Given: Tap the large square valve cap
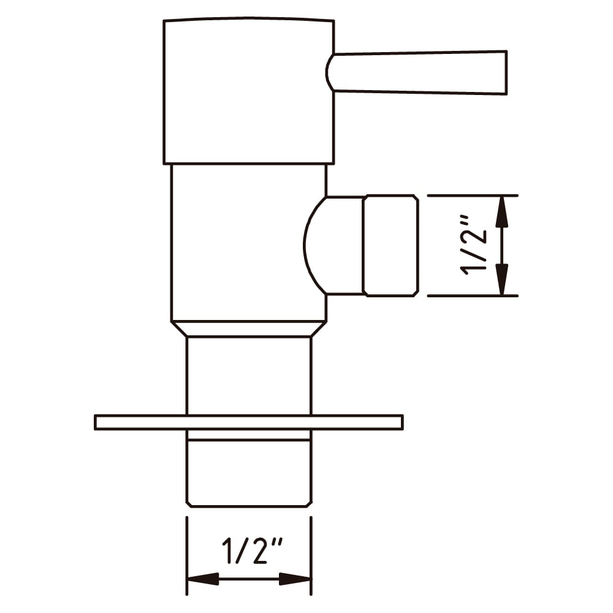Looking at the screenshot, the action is (249, 91).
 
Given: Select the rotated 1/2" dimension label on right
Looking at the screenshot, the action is (473, 245).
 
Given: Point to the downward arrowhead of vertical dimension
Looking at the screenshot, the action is (502, 279).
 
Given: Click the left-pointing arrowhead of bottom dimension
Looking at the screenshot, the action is (204, 579).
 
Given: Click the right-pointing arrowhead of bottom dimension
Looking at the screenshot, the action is (294, 579).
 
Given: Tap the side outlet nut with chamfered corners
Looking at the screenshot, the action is (390, 245).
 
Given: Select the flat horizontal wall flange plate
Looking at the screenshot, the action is (249, 422).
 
